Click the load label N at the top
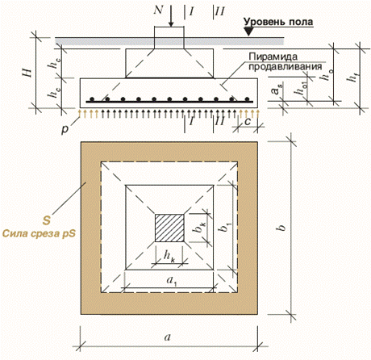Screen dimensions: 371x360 [x=159, y=10]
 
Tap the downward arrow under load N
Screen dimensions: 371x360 [x=171, y=16]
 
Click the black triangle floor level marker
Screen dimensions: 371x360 [x=249, y=31]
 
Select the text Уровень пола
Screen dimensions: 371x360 [x=278, y=22]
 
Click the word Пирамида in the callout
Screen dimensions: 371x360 [x=273, y=57]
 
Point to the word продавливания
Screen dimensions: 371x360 [x=286, y=66]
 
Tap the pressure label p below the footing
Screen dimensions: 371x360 [x=65, y=130]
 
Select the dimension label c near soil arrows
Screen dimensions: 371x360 [x=248, y=122]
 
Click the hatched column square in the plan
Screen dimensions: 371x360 [x=169, y=228]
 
